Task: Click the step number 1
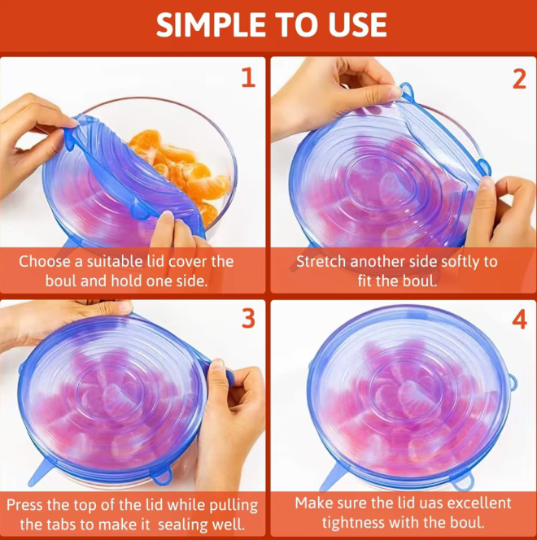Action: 248,78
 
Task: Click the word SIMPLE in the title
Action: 208,25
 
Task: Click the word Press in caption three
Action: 27,504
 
